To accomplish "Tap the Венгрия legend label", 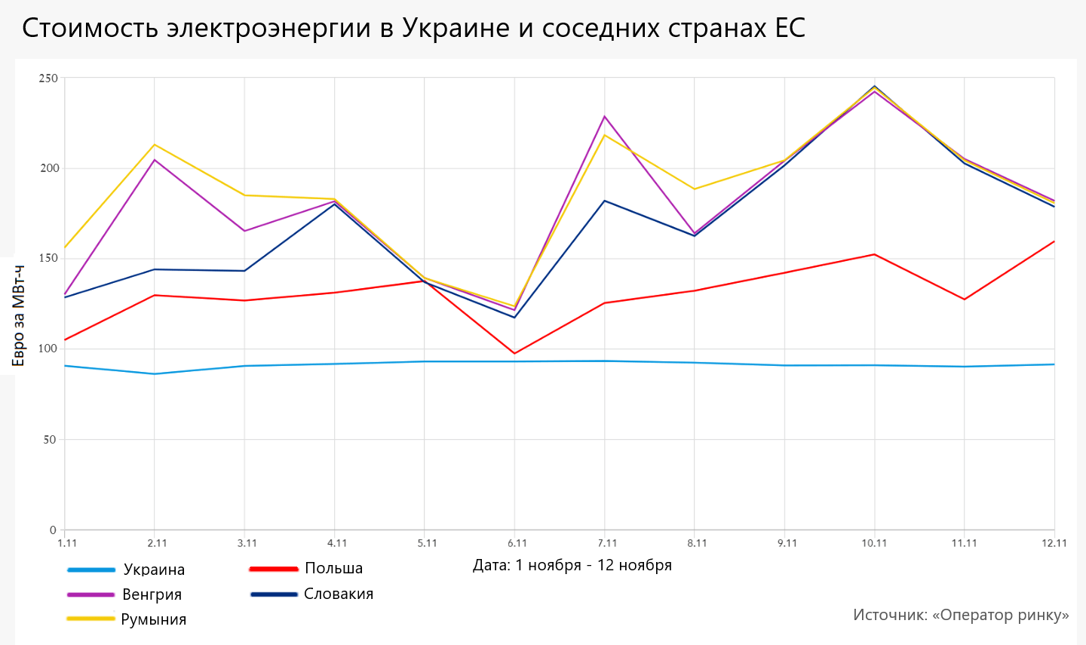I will coord(152,594).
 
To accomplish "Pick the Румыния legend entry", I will coord(153,619).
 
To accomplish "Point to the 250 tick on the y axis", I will coord(48,78).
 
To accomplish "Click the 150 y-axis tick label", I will coord(48,259).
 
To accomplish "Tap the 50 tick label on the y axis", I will coord(50,440).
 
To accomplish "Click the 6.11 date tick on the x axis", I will coord(517,543).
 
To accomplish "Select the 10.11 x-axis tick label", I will coord(874,543).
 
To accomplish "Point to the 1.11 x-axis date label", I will coord(67,543).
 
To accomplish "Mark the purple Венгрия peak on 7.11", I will coord(605,116).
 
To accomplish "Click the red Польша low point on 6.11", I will coord(514,353).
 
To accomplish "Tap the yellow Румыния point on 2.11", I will coord(155,144).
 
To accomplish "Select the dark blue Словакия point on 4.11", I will coord(335,204).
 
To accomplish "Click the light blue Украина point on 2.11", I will coord(155,373).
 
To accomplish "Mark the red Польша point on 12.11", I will coord(1054,241).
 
